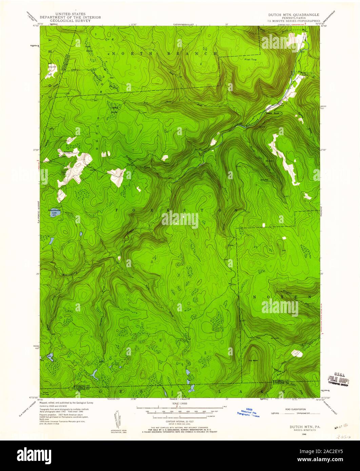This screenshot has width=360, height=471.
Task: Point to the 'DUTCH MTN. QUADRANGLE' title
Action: [x=293, y=15]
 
